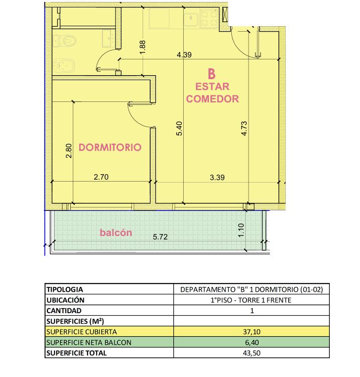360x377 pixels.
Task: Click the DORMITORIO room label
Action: click(x=110, y=147)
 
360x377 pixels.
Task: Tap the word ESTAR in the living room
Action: click(x=212, y=87)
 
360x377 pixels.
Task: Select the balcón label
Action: click(x=116, y=233)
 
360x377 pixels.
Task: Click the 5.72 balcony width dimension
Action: click(x=160, y=237)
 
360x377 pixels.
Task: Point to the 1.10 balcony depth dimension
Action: click(x=241, y=230)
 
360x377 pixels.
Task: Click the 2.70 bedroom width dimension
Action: click(x=101, y=177)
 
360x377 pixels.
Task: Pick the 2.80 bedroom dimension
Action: click(x=69, y=151)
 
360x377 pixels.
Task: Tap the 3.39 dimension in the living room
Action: click(x=217, y=178)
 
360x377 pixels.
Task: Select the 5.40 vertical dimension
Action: click(x=179, y=129)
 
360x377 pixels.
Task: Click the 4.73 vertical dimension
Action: click(x=244, y=129)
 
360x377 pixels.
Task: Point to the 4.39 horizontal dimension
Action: click(x=184, y=55)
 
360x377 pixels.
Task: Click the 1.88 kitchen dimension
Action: click(x=143, y=47)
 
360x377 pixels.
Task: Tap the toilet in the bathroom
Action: click(x=65, y=41)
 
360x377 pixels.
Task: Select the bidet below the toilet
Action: click(x=64, y=65)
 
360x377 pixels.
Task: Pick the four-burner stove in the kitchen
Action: click(x=209, y=18)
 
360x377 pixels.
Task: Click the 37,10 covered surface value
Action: click(x=252, y=332)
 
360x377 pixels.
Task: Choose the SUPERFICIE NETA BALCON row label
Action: click(x=89, y=342)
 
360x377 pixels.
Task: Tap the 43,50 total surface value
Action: click(x=252, y=353)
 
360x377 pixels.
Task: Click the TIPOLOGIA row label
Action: click(x=65, y=289)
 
